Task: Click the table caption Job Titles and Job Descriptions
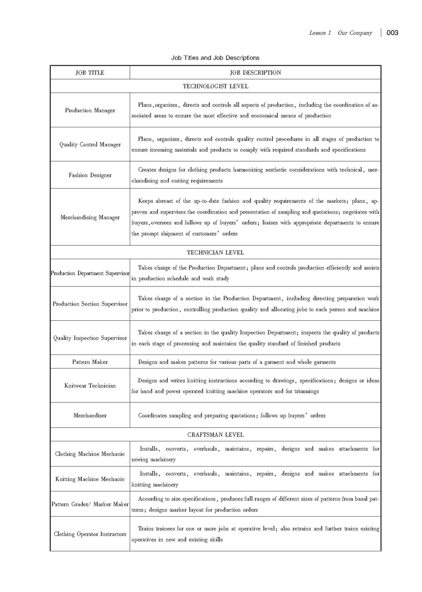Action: point(215,57)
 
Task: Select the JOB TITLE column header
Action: point(90,73)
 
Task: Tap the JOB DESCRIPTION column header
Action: point(255,73)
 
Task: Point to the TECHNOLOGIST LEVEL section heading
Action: point(215,86)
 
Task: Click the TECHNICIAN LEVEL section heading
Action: point(215,252)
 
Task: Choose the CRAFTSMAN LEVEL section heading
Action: point(215,435)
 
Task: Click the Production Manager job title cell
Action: point(90,111)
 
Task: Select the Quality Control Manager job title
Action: point(90,144)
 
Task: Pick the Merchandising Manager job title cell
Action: point(90,217)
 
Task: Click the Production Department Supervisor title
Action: point(90,273)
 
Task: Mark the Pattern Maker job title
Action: point(90,362)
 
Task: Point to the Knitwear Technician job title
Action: point(90,386)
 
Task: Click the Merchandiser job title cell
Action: point(90,415)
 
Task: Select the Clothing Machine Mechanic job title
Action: point(90,454)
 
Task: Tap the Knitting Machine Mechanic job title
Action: point(90,479)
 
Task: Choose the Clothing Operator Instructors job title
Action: point(90,534)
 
